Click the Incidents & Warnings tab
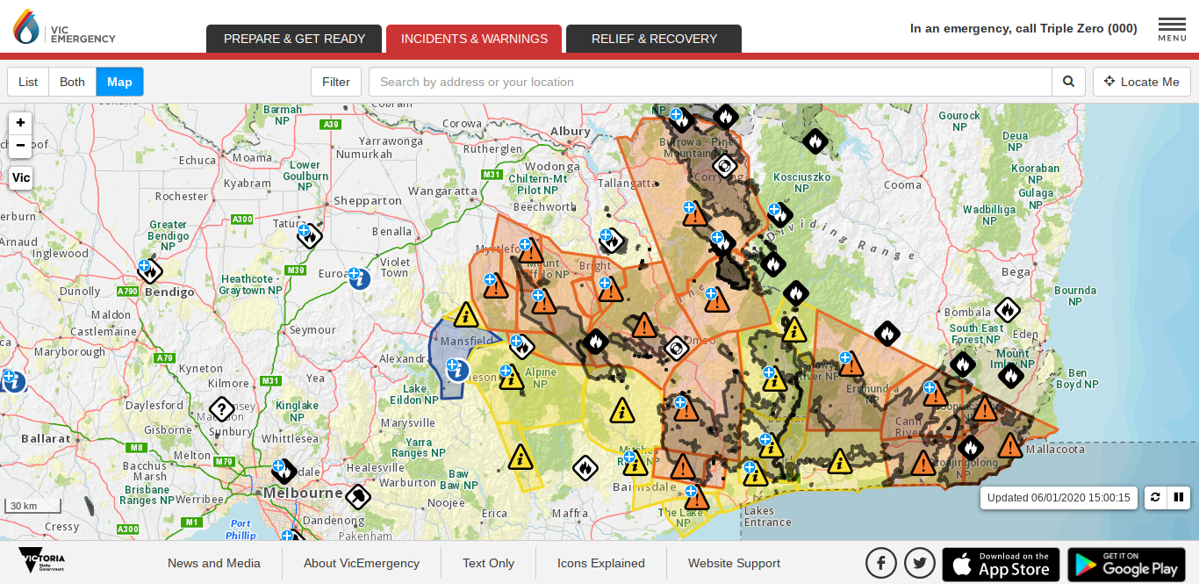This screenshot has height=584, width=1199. pyautogui.click(x=474, y=39)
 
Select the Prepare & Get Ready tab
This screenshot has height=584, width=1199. pyautogui.click(x=294, y=39)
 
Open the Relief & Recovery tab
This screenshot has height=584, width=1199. pyautogui.click(x=654, y=39)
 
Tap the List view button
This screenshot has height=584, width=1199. pyautogui.click(x=28, y=82)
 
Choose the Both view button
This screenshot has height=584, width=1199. pyautogui.click(x=72, y=82)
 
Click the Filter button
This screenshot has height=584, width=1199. pyautogui.click(x=336, y=82)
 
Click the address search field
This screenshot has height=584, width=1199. pyautogui.click(x=709, y=82)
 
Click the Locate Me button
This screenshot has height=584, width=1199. pyautogui.click(x=1142, y=82)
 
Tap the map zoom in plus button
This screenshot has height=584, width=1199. pyautogui.click(x=20, y=123)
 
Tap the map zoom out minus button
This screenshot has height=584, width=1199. pyautogui.click(x=20, y=145)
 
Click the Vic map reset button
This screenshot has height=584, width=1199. pyautogui.click(x=20, y=177)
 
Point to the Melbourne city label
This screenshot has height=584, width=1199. pyautogui.click(x=304, y=493)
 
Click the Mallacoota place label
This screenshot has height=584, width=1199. pyautogui.click(x=1055, y=449)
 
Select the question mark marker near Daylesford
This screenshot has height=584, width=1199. pyautogui.click(x=221, y=408)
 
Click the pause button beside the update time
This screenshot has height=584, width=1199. pyautogui.click(x=1179, y=497)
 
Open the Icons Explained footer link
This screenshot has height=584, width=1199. pyautogui.click(x=601, y=563)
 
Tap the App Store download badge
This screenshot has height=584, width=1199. pyautogui.click(x=1001, y=564)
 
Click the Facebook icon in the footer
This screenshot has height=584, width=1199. pyautogui.click(x=881, y=563)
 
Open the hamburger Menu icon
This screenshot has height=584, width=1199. pyautogui.click(x=1172, y=28)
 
